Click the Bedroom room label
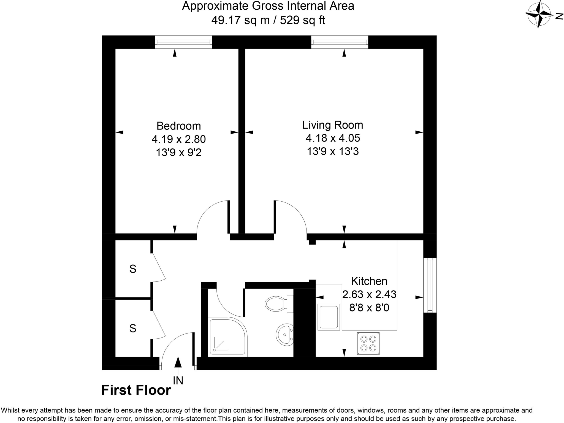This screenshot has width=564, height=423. [x=178, y=126]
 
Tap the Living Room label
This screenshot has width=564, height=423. [x=333, y=125]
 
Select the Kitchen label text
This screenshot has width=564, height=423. [x=369, y=281]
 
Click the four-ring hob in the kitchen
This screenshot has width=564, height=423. [x=368, y=343]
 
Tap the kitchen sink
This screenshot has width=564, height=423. [x=329, y=317]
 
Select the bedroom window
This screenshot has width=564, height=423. [x=183, y=42]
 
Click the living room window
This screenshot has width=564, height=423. [x=340, y=42]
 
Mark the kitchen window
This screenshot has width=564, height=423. [x=430, y=285]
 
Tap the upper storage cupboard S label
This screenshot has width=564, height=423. [x=133, y=269]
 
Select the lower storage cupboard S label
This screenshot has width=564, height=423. [x=133, y=328]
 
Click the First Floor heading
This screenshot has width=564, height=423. [x=136, y=390]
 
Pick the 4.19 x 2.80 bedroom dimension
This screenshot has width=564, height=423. [x=178, y=139]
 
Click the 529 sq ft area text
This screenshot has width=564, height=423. [x=302, y=20]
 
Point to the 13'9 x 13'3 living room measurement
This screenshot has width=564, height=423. [x=333, y=151]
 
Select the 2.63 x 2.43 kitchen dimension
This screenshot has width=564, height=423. [x=369, y=294]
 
